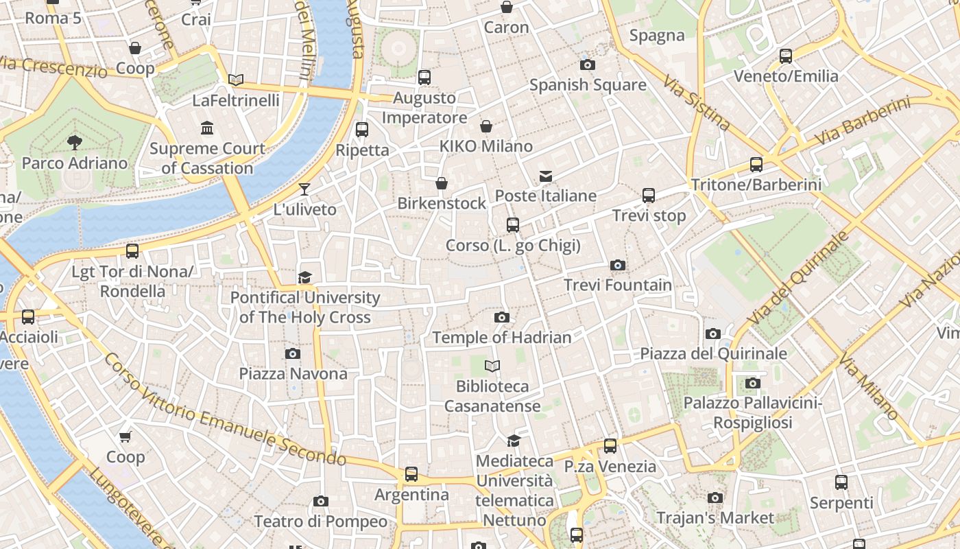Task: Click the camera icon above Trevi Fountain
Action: [x=618, y=265]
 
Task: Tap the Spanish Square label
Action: [x=588, y=85]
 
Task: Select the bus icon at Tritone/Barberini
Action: [x=756, y=165]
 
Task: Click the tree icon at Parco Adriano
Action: [x=74, y=143]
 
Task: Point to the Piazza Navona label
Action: [x=293, y=374]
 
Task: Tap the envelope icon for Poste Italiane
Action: [x=546, y=176]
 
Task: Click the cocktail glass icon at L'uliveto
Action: [x=304, y=189]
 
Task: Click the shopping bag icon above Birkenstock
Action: [x=442, y=183]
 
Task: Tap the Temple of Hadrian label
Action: [x=501, y=338]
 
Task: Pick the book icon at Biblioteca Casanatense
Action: [x=492, y=366]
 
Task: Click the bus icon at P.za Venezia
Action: [x=610, y=446]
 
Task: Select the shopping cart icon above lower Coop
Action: [x=125, y=437]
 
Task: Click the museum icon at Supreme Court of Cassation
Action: [x=207, y=128]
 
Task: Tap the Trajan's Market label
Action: [x=715, y=518]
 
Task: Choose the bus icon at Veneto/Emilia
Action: [x=786, y=56]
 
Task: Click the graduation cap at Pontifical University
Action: [x=304, y=277]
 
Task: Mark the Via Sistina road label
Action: [x=697, y=103]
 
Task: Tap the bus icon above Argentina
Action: [x=411, y=474]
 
